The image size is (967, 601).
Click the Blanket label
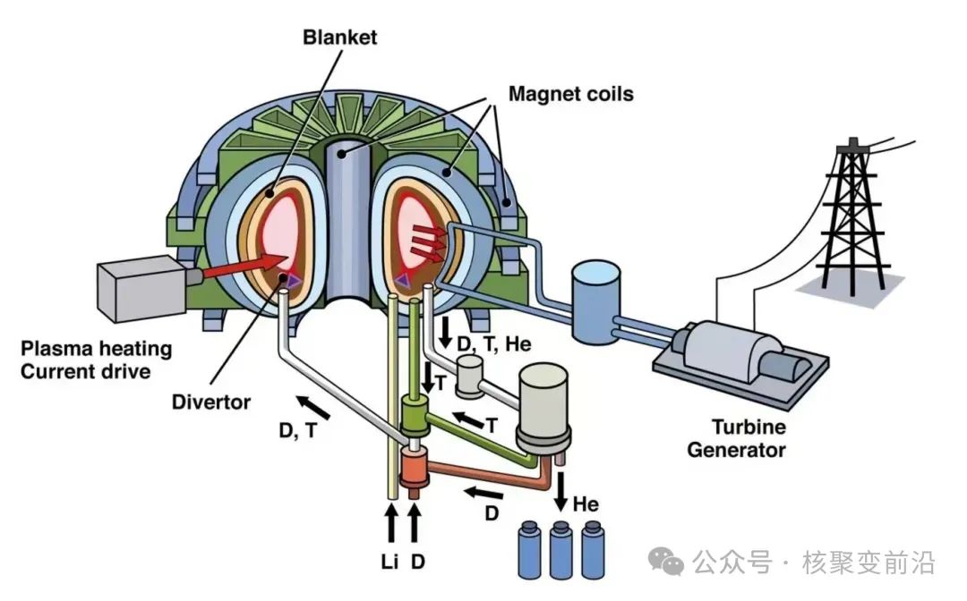339,38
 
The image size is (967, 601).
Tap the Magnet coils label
571,94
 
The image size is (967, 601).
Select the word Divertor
211,402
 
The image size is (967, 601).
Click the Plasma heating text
96,349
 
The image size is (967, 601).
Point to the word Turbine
749,427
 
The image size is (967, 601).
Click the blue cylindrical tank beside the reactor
595,301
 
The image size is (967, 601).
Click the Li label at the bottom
389,562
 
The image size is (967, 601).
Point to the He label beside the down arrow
586,505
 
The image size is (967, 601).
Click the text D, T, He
494,344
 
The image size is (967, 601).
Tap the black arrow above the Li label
390,523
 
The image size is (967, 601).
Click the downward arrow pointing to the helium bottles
561,491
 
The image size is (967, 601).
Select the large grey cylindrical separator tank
543,406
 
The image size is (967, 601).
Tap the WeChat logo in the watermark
666,561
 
